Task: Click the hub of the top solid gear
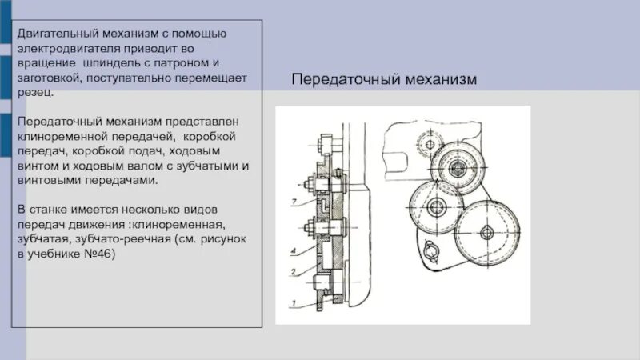457,169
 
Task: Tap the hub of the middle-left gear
435,208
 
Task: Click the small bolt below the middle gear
427,255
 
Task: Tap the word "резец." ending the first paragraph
35,92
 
